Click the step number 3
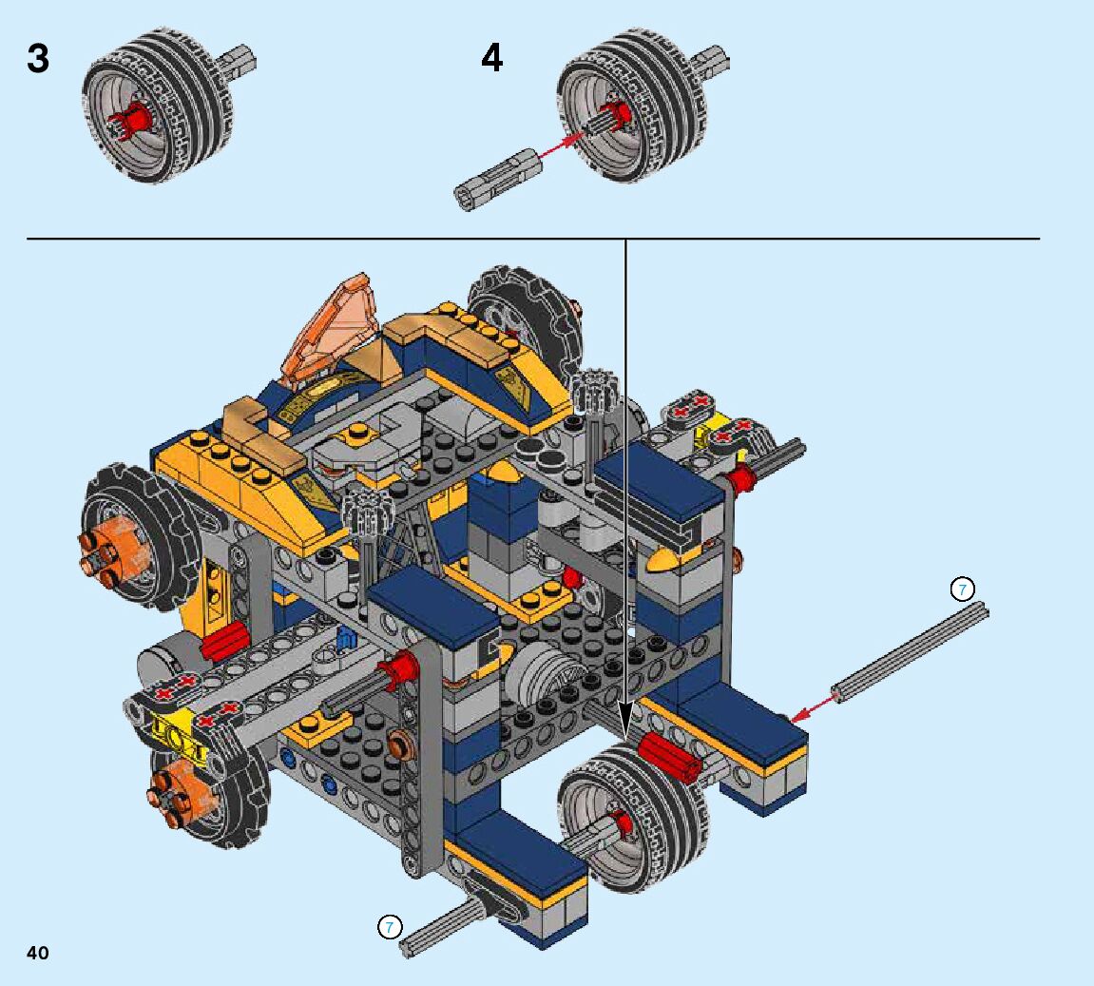[38, 58]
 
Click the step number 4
[492, 58]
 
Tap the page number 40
[38, 953]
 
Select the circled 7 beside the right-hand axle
[963, 590]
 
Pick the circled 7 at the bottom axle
[390, 927]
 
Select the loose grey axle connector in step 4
[498, 178]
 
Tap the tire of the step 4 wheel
[631, 105]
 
